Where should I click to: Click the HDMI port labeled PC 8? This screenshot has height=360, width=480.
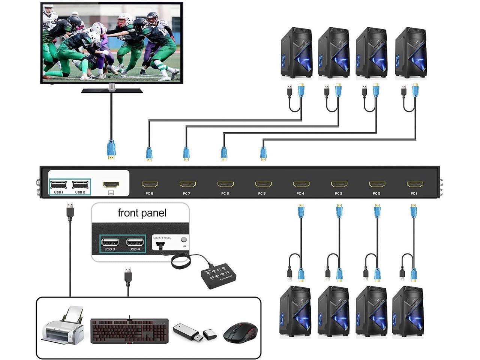[150, 184]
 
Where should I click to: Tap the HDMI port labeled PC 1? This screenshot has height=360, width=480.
[415, 184]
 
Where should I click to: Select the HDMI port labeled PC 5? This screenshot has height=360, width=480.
[263, 184]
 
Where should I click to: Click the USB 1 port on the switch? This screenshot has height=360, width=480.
[58, 184]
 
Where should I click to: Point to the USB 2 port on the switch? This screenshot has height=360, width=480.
[80, 184]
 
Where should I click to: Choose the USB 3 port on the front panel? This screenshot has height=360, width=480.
[110, 241]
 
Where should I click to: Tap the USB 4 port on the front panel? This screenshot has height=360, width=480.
[135, 241]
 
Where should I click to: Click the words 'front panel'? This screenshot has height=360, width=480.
[142, 213]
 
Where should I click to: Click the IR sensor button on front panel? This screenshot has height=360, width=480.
[184, 240]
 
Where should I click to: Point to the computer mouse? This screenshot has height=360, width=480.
[240, 332]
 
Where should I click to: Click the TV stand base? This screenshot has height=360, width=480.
[112, 90]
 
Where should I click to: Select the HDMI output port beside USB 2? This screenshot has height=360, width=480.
[111, 184]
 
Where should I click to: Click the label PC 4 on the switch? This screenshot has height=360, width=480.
[300, 193]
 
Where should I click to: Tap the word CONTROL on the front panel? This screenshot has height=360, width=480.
[162, 238]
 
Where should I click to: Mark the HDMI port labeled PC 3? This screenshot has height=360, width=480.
[339, 184]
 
